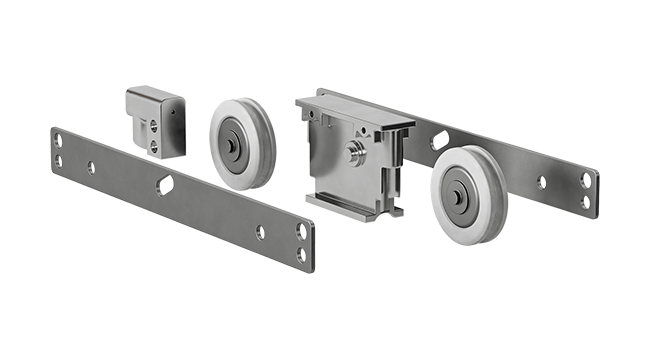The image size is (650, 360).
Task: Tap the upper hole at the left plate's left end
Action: [58, 141]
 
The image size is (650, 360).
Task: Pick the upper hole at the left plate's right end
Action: [301, 231]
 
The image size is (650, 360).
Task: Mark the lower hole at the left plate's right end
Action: [300, 253]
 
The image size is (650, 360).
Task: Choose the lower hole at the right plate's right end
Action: [585, 201]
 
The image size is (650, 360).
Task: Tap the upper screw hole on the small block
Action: [153, 125]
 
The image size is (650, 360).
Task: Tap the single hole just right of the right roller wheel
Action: [541, 183]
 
